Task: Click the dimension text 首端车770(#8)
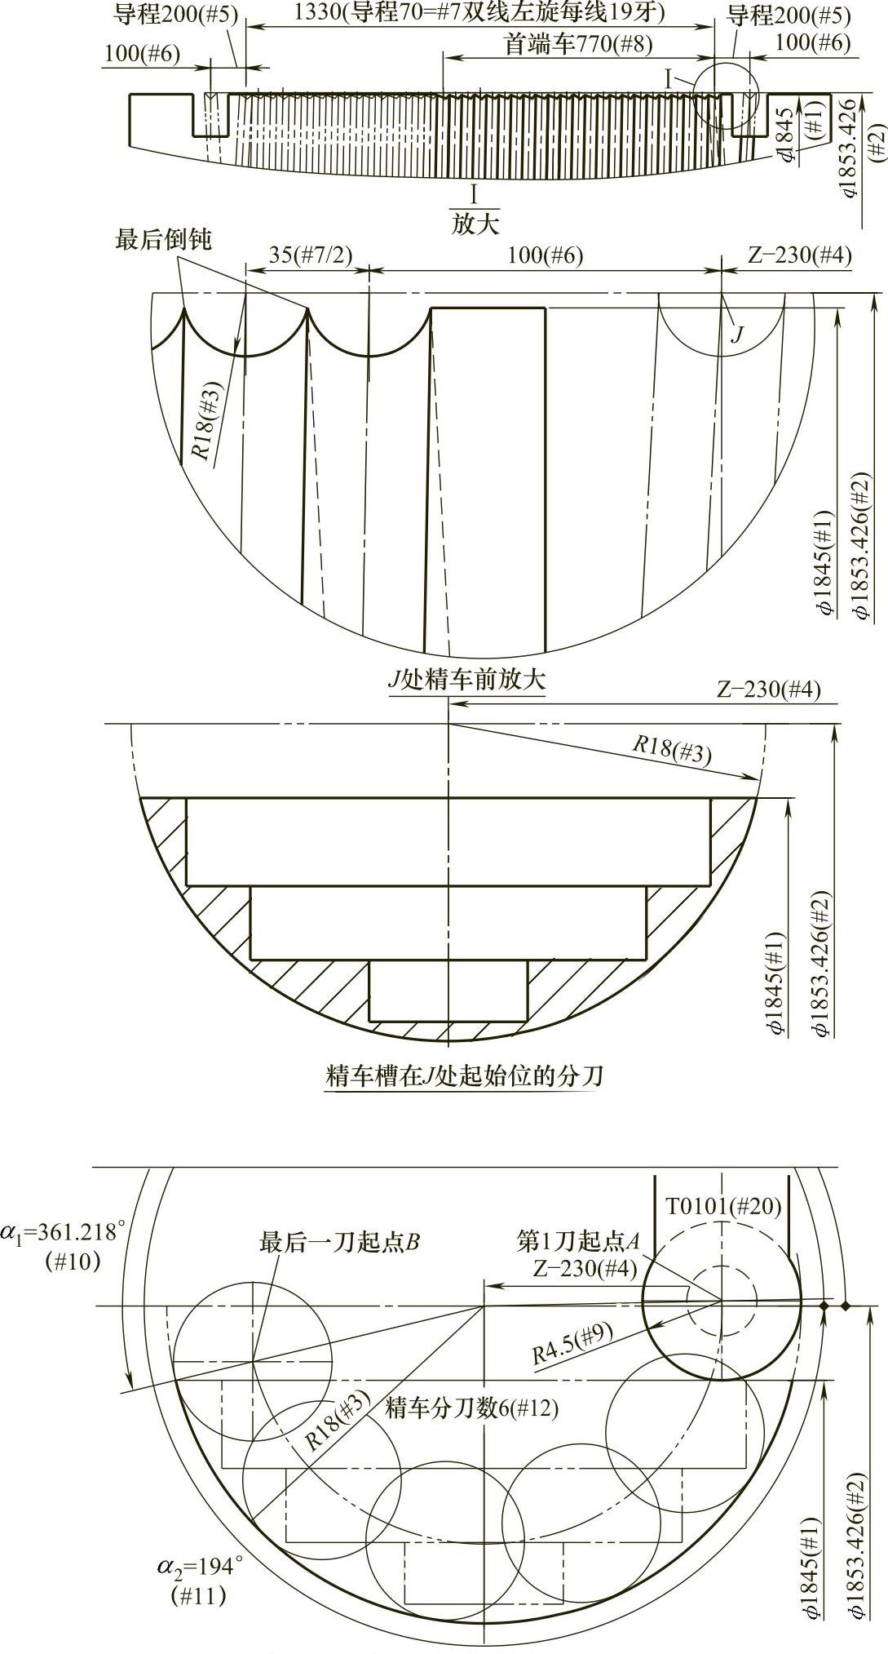click(x=578, y=43)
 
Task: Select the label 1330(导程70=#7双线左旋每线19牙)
click(x=479, y=13)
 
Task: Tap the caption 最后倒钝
click(x=163, y=240)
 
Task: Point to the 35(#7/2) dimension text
click(x=310, y=255)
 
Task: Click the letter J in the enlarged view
click(x=737, y=333)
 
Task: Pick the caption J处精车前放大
click(x=466, y=680)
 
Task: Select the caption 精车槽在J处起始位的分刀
click(x=464, y=1076)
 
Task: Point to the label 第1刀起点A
click(x=577, y=1242)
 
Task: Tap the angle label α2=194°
click(x=200, y=1566)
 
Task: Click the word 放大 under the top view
click(x=475, y=224)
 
